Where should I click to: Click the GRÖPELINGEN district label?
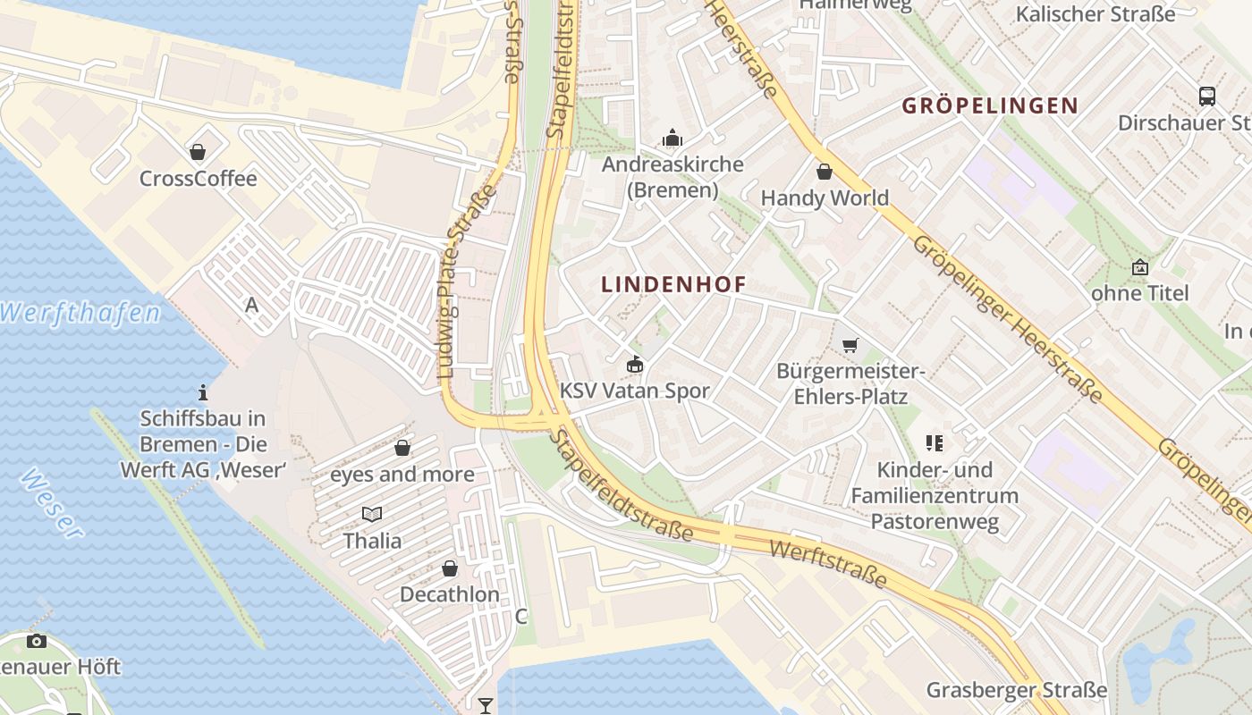(990, 105)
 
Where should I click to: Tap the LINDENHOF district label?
(673, 285)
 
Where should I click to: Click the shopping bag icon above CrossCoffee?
(198, 152)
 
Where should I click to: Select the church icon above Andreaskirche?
(672, 138)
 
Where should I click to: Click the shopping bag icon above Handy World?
(825, 172)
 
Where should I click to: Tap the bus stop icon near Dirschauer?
(1206, 96)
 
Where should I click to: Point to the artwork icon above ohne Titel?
(1140, 267)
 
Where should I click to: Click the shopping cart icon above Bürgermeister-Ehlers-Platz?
(850, 345)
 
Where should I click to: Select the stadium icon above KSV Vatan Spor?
(634, 364)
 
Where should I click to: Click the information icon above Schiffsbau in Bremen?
(203, 392)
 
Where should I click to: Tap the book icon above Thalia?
(372, 514)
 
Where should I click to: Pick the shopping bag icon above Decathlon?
(450, 568)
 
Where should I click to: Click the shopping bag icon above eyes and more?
(402, 448)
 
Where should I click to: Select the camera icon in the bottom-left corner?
(37, 641)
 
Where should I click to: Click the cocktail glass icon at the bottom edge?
(485, 706)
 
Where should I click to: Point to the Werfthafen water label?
(80, 313)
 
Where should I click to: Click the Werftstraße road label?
(828, 564)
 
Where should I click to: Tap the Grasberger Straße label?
(1017, 690)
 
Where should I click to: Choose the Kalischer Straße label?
(1095, 14)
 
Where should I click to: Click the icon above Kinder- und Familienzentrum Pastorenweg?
(935, 442)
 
